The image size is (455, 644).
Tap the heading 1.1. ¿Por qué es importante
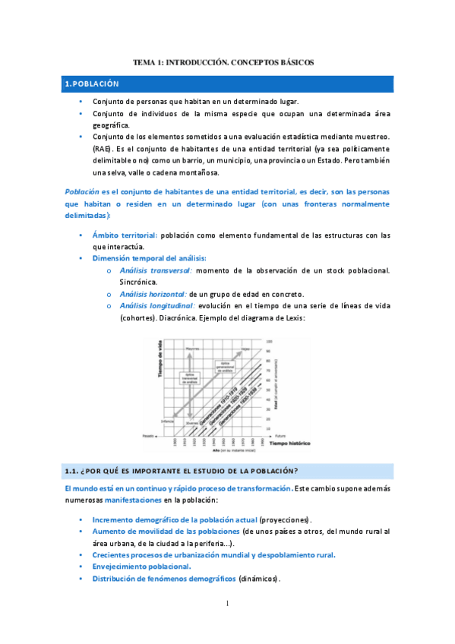[x=182, y=469]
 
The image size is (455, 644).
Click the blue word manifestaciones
[x=129, y=500]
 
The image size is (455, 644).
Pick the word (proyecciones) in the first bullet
[x=286, y=519]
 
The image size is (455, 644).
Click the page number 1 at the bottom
[x=227, y=603]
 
